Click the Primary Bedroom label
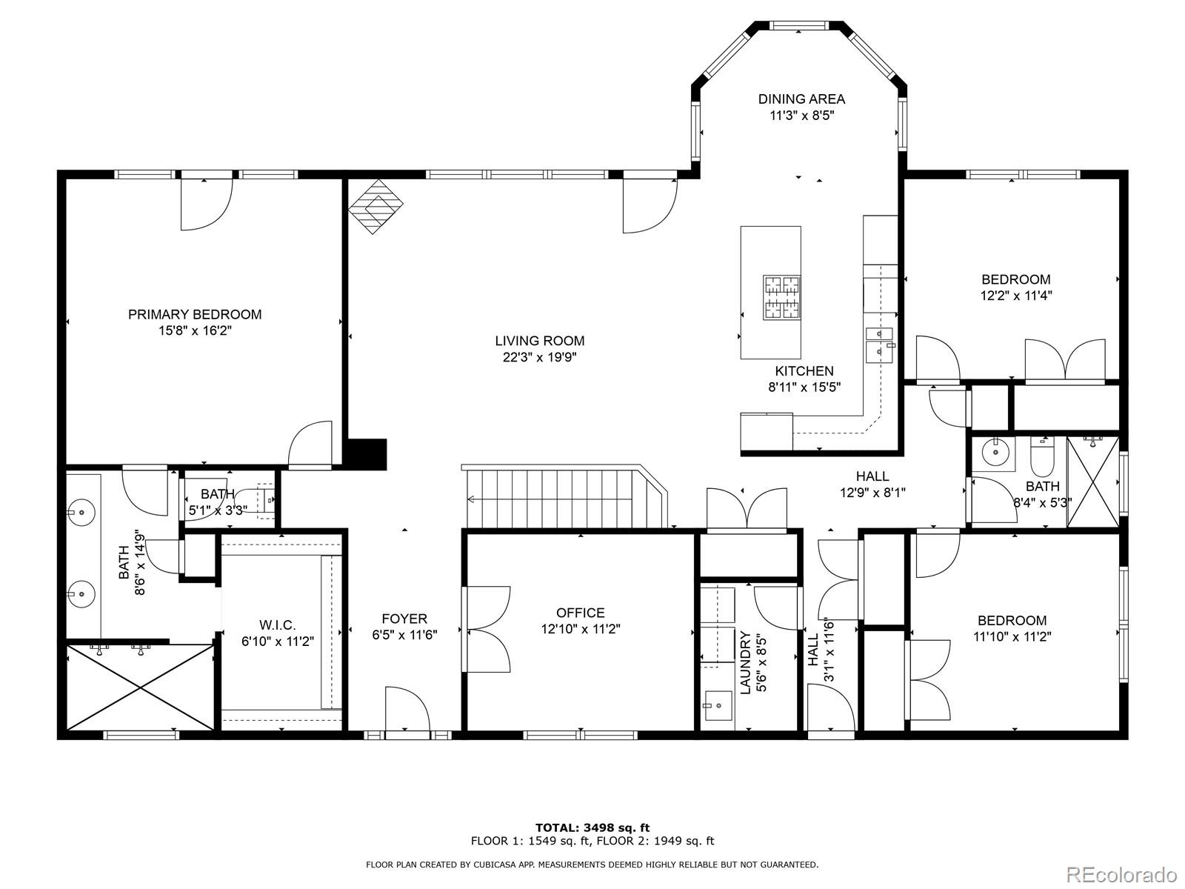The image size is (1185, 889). click(x=194, y=314)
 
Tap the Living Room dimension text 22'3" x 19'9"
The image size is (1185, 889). click(x=539, y=357)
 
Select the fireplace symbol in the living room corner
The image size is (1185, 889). click(x=375, y=207)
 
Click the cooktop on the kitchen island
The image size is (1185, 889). click(x=781, y=297)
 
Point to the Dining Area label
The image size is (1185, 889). click(x=801, y=99)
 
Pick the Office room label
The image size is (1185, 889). click(x=581, y=613)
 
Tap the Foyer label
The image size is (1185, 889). click(x=404, y=619)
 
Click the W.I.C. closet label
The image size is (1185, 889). click(x=278, y=625)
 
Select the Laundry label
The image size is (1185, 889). click(x=746, y=662)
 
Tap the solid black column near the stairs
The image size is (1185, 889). click(x=367, y=454)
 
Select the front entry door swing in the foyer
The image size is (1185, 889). click(x=407, y=709)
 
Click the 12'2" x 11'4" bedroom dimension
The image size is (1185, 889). click(x=1016, y=296)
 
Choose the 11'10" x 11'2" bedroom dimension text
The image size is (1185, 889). click(x=1012, y=636)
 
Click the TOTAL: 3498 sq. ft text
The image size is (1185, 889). click(x=592, y=828)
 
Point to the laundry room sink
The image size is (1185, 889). click(x=717, y=705)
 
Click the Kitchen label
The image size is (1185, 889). click(x=804, y=371)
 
